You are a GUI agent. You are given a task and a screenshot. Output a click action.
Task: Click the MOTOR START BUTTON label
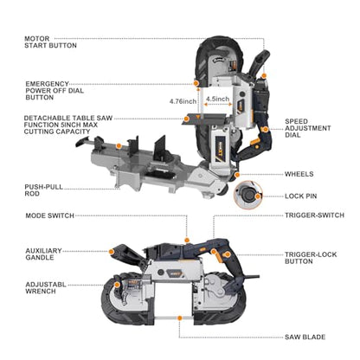[50, 42]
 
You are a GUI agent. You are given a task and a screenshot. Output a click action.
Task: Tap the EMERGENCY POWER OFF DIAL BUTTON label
[55, 91]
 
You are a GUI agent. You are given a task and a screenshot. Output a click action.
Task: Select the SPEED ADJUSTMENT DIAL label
[308, 128]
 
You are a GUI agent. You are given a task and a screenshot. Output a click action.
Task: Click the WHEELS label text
[299, 174]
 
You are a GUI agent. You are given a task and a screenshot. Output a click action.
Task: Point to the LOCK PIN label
[301, 196]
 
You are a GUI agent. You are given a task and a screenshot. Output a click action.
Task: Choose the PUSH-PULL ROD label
[43, 190]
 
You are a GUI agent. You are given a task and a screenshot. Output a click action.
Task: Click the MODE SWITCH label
[49, 215]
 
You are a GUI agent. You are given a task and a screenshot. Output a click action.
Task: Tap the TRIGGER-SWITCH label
[314, 215]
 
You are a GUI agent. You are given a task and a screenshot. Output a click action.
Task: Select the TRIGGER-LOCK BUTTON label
[311, 258]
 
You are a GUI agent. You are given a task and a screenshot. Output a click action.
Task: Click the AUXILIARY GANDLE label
[43, 254]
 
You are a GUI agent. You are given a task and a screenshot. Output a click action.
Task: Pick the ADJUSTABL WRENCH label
[46, 288]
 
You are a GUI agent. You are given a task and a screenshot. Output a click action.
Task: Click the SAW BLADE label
[305, 337]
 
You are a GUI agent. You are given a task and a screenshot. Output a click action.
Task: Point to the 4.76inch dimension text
[183, 101]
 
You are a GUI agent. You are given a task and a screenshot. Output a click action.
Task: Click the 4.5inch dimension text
[217, 99]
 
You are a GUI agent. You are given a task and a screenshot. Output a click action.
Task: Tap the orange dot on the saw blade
[180, 318]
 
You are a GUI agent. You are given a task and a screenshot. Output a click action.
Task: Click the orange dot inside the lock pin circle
[258, 196]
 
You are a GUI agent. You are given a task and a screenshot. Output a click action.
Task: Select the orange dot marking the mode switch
[187, 240]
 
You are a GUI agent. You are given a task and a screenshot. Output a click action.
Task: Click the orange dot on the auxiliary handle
[111, 252]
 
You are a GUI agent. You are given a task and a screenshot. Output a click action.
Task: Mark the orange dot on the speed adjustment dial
[265, 130]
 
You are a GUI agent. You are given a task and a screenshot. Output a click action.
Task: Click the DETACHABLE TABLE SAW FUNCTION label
[68, 125]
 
